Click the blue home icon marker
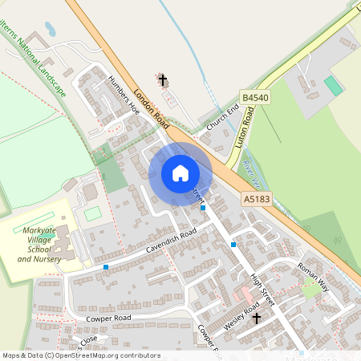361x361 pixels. pyautogui.click(x=180, y=173)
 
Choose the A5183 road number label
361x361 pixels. pyautogui.click(x=255, y=197)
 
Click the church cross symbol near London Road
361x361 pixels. pyautogui.click(x=164, y=79)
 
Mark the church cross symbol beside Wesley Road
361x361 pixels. pyautogui.click(x=257, y=318)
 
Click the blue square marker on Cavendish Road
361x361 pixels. pyautogui.click(x=106, y=266)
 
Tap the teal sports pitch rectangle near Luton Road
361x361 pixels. pyautogui.click(x=333, y=85)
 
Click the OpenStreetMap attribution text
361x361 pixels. pyautogui.click(x=80, y=355)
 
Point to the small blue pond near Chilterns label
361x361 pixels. pyautogui.click(x=51, y=30)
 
